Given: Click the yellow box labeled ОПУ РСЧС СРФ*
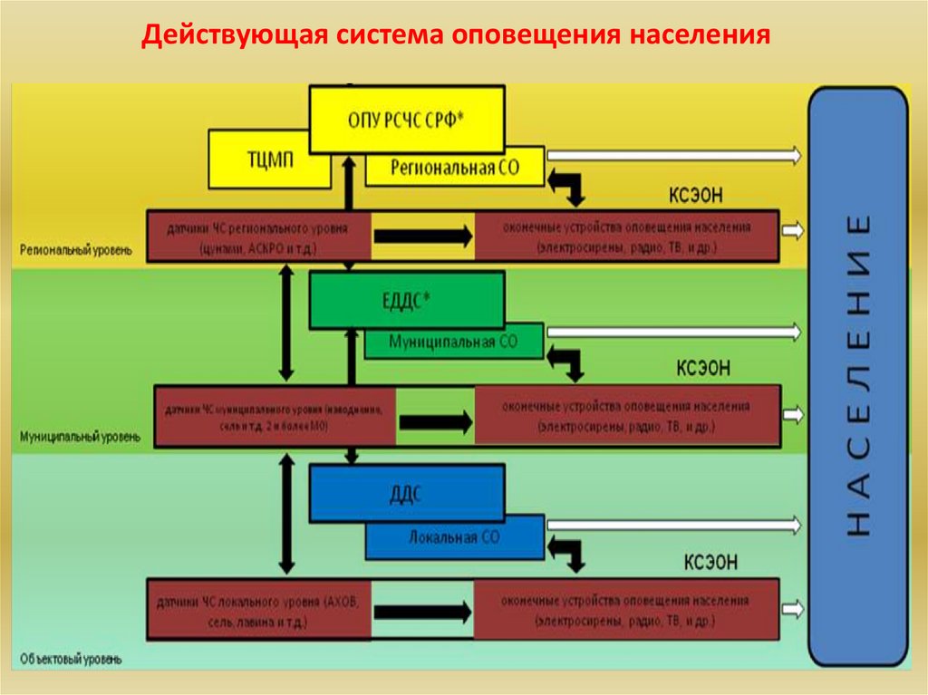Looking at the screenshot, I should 407,119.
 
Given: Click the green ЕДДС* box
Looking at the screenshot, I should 406,301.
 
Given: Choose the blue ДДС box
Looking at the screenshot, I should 406,493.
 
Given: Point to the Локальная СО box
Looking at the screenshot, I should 453,538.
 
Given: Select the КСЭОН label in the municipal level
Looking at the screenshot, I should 703,368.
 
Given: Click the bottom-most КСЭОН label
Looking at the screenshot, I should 710,563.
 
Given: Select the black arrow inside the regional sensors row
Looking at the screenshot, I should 422,236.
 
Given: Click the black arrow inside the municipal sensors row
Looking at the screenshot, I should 436,421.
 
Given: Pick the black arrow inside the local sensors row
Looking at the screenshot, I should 422,612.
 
